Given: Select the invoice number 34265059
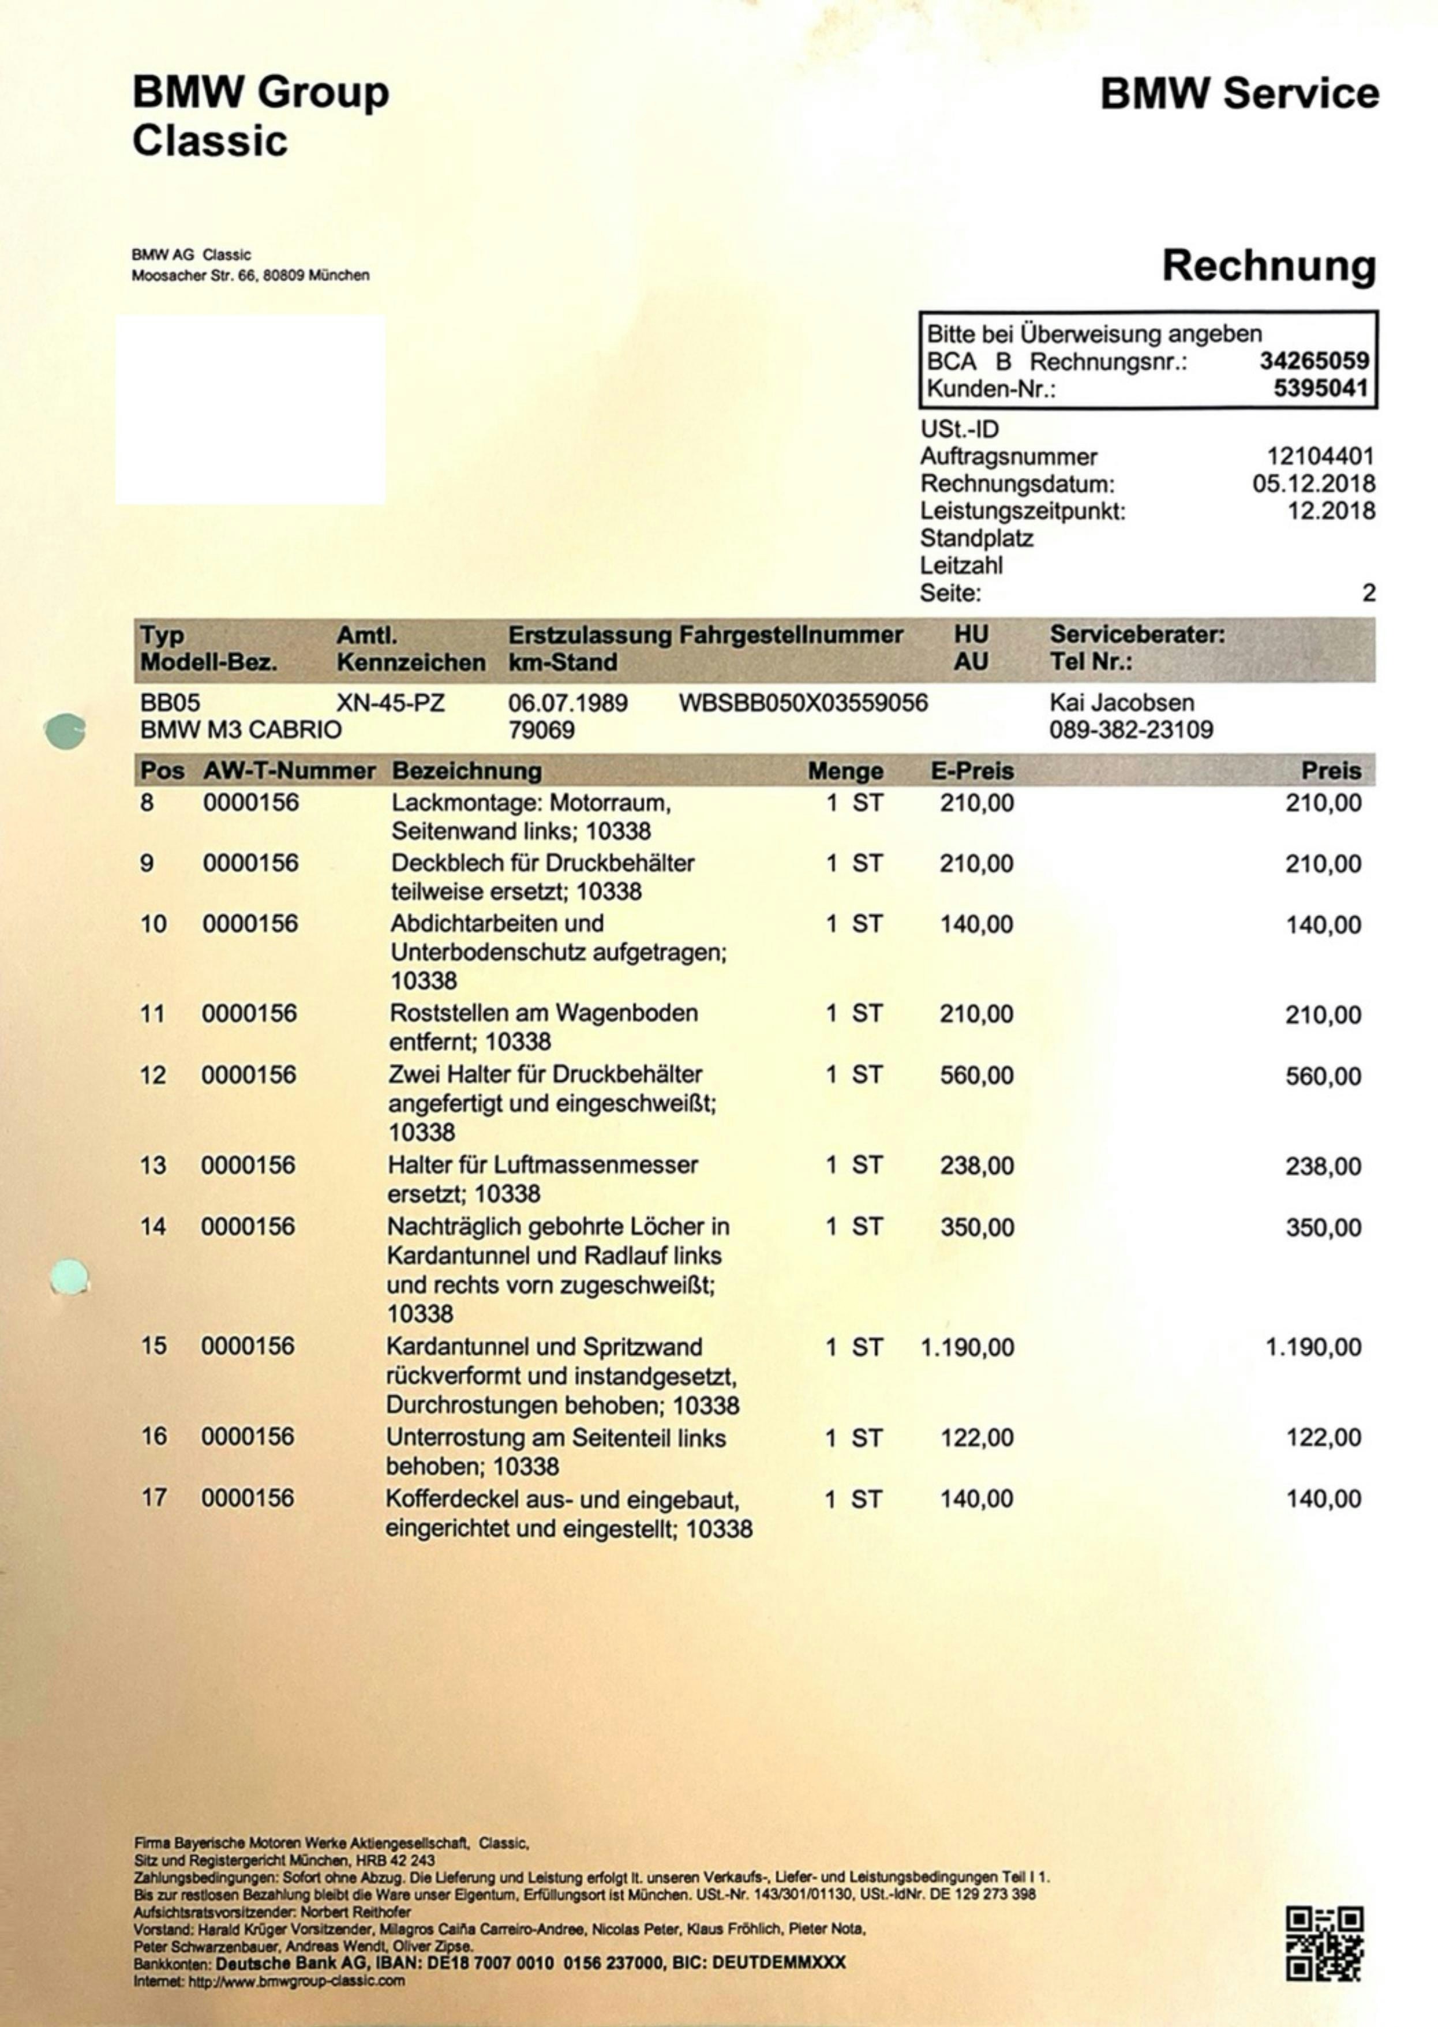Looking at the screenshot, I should coord(1313,361).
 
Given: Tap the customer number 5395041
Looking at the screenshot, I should coord(1320,388).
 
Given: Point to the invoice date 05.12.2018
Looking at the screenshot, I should coord(1313,484).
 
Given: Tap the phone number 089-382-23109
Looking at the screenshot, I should coord(1131,730).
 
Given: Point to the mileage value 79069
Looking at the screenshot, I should coord(541,730).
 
